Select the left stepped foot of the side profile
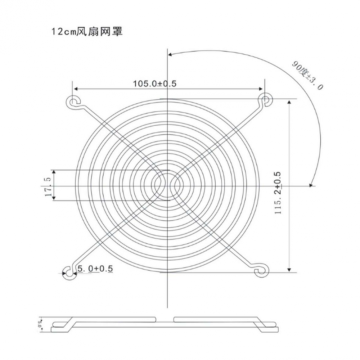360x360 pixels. coord(66,322)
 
